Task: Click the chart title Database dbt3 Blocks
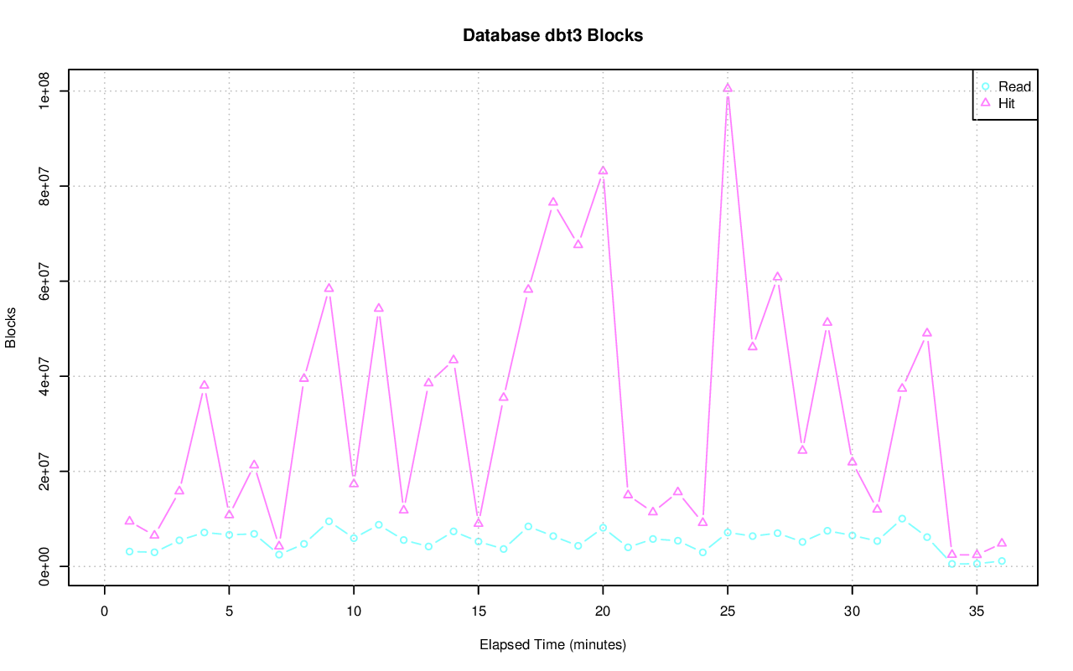[552, 36]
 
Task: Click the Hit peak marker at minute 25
[728, 88]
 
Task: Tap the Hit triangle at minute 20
[603, 171]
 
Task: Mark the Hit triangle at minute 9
[329, 288]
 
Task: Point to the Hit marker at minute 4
[204, 385]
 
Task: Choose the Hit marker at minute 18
[553, 202]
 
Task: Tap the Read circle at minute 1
[129, 551]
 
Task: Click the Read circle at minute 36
[1002, 561]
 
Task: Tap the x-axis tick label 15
[478, 612]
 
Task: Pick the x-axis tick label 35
[977, 612]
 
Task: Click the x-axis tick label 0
[104, 612]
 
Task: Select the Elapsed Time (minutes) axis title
[552, 645]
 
